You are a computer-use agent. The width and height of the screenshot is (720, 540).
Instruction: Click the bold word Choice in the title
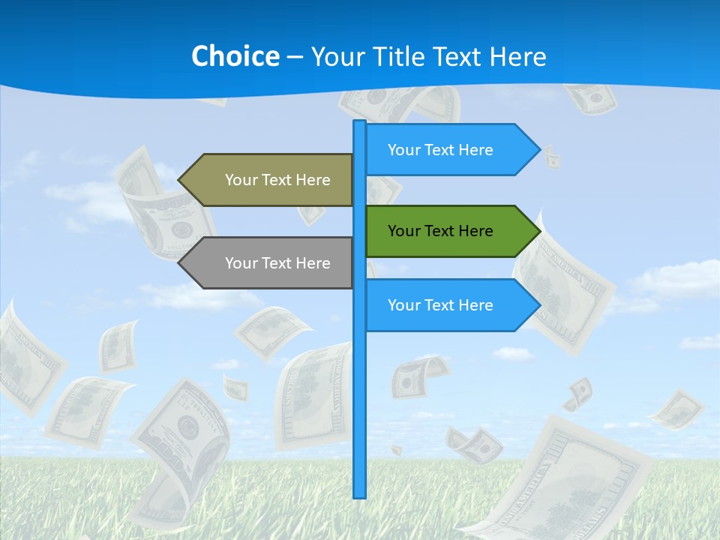click(235, 56)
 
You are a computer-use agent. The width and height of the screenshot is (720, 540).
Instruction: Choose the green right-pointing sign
click(450, 231)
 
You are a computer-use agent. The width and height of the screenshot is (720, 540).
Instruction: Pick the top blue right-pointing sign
click(450, 150)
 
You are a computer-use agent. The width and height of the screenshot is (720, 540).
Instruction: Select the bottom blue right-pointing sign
click(450, 305)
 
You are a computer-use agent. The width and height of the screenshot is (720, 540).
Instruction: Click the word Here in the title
click(517, 56)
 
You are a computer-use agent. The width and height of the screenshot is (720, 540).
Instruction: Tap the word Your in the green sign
click(403, 231)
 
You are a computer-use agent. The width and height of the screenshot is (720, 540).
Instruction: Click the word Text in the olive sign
click(277, 180)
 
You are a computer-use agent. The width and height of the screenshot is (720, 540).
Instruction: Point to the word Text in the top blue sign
click(439, 150)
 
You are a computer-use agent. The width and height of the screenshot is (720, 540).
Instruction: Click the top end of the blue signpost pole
click(359, 124)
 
